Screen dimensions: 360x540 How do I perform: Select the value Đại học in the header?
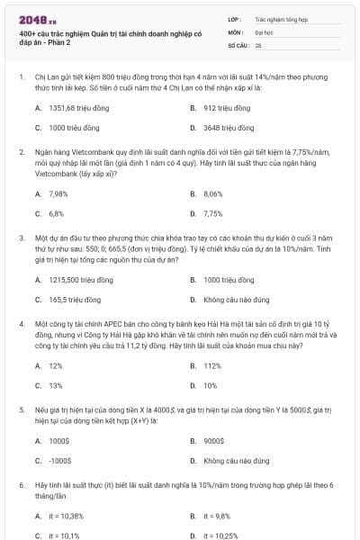pos(265,31)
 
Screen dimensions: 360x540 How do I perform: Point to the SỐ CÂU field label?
pos(238,44)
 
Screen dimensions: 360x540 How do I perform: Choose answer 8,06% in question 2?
pos(213,193)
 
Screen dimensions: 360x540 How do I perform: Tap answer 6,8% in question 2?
pos(57,214)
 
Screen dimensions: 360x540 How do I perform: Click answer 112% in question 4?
pos(212,365)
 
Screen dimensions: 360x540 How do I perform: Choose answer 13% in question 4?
pos(56,385)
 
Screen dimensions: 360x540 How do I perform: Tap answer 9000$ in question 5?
pos(214,441)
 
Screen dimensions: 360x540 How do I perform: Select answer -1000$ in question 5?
pos(59,461)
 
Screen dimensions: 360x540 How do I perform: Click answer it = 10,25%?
pos(220,535)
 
